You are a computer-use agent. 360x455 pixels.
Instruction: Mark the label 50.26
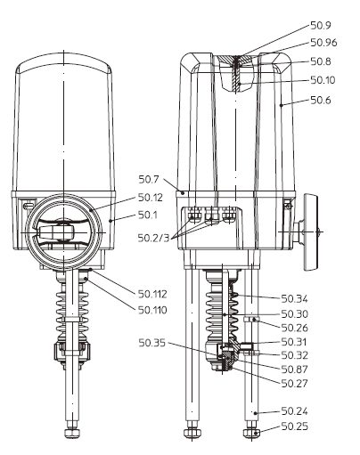[x=295, y=328]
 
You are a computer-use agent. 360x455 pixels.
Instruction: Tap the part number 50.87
[x=295, y=369]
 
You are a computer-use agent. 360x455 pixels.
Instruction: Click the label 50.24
[x=295, y=411]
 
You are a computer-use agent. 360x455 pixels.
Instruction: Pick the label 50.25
[x=295, y=427]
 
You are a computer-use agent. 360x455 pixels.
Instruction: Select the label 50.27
[x=295, y=384]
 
